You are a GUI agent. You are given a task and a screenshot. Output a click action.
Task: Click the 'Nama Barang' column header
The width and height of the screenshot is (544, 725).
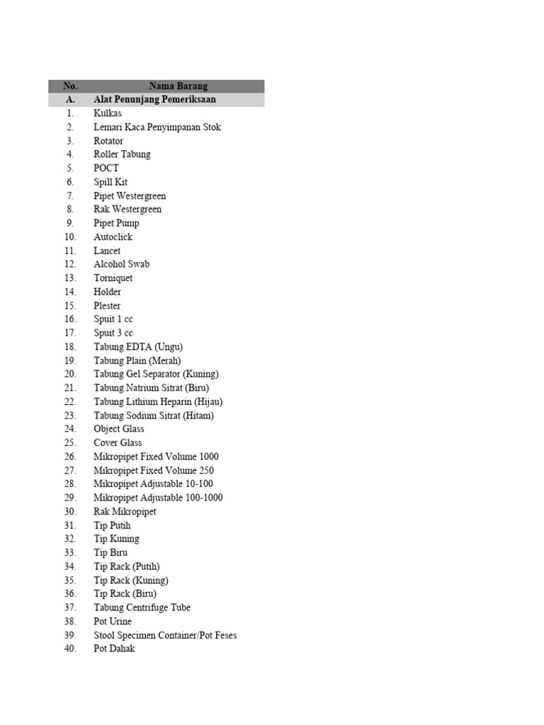click(x=178, y=86)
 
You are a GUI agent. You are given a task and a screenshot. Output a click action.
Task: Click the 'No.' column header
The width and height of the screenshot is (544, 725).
click(x=70, y=86)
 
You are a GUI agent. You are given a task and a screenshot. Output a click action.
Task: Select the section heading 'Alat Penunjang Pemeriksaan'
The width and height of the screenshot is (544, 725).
click(x=154, y=100)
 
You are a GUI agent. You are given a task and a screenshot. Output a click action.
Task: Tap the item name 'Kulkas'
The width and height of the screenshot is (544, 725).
click(x=108, y=113)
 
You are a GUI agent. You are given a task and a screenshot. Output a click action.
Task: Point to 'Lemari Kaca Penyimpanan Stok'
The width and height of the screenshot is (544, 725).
click(x=157, y=127)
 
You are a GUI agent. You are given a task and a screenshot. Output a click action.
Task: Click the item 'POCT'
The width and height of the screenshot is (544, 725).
click(x=106, y=169)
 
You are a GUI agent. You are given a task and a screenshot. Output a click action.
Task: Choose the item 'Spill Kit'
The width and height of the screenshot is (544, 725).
click(x=110, y=182)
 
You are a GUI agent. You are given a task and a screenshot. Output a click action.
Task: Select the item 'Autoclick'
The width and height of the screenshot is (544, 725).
click(x=113, y=237)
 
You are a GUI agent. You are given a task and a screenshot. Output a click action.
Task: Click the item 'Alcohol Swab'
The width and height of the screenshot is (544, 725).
click(x=122, y=264)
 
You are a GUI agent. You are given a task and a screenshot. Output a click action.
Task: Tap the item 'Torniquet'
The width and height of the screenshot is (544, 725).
click(x=113, y=278)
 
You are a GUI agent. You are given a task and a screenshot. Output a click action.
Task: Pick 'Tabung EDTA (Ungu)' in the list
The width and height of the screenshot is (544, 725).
click(x=138, y=347)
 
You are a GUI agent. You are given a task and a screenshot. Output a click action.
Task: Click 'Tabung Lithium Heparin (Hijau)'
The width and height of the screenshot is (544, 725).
click(x=158, y=401)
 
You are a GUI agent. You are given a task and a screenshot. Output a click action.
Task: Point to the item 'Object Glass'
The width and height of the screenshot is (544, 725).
click(x=119, y=429)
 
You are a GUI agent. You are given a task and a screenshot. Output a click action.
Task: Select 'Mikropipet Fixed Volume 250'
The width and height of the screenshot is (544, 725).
click(x=154, y=470)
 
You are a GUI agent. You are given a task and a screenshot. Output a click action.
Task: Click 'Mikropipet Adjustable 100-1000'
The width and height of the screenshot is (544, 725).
click(x=158, y=498)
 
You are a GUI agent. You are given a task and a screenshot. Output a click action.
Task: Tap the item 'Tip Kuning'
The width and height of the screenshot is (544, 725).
click(x=116, y=539)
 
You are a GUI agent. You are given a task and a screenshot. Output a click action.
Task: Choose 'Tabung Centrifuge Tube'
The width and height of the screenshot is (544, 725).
click(x=142, y=607)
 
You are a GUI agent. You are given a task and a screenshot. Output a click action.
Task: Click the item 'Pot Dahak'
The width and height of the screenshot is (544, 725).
click(x=114, y=649)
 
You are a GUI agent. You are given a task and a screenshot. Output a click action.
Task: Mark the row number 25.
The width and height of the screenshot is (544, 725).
click(x=70, y=443)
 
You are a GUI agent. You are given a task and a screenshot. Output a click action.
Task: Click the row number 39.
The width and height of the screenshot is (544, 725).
click(x=70, y=635)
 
